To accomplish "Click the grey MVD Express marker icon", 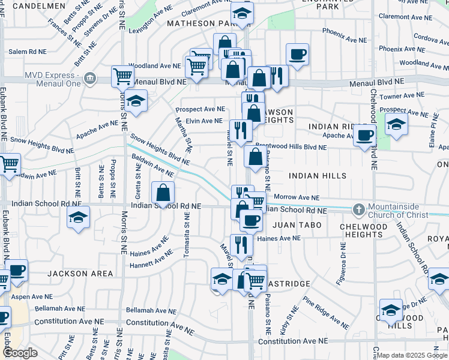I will click(90, 77).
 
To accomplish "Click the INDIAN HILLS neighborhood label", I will click(318, 176).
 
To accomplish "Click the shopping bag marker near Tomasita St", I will click(163, 193).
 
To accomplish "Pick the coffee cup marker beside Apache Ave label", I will click(364, 136).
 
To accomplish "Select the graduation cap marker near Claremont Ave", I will click(241, 14).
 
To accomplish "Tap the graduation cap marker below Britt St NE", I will click(77, 219).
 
